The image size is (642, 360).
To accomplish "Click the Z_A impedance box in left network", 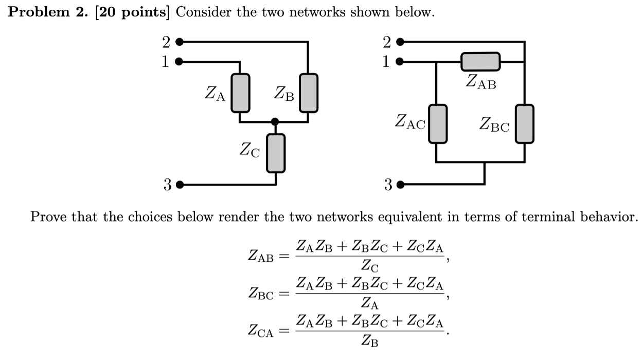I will click(240, 93).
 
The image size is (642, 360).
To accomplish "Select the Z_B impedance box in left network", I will click(309, 93).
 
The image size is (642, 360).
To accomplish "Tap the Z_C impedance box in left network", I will click(275, 153).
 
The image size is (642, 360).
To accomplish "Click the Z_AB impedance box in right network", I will click(480, 62).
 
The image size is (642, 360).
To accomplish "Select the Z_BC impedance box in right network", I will click(525, 123).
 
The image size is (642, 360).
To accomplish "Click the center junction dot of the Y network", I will click(275, 122).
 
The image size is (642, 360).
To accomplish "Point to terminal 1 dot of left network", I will click(179, 62).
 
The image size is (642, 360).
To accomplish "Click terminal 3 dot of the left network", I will click(179, 185).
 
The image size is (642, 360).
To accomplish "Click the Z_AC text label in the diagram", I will click(410, 122).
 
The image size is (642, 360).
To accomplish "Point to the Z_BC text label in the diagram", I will click(494, 124).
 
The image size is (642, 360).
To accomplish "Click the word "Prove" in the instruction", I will click(49, 217).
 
